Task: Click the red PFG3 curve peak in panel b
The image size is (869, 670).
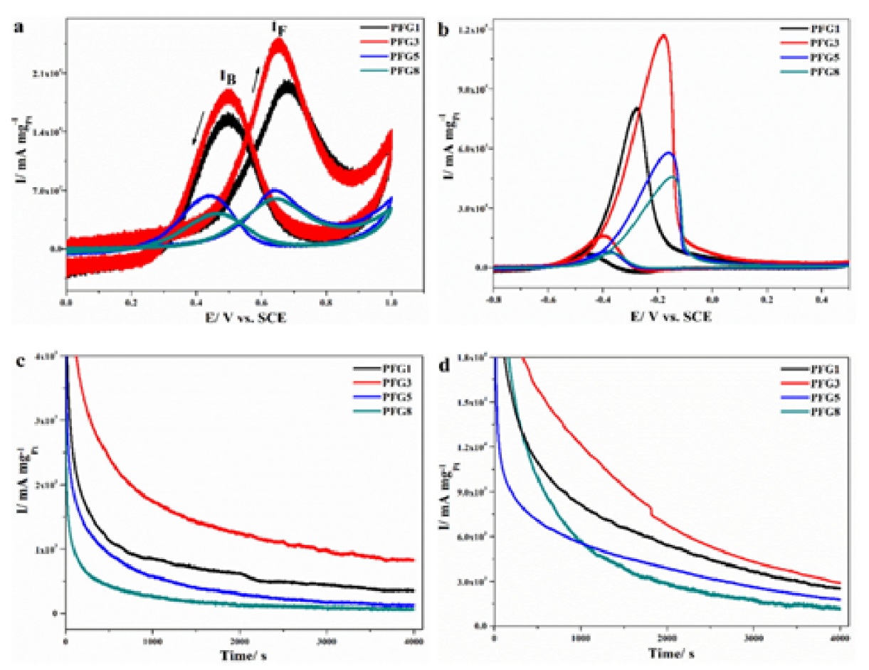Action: pyautogui.click(x=665, y=35)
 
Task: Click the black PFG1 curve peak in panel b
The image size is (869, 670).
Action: pyautogui.click(x=636, y=108)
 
